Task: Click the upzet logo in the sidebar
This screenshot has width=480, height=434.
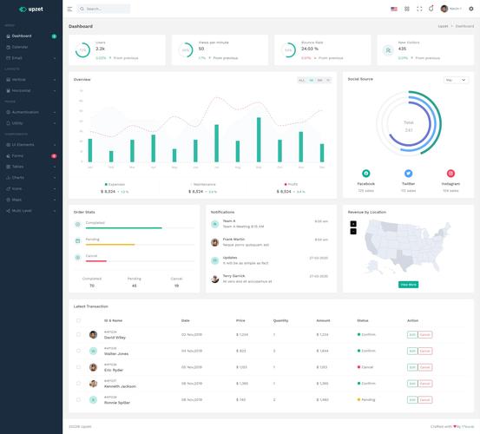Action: click(30, 9)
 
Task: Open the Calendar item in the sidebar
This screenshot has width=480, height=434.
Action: click(20, 47)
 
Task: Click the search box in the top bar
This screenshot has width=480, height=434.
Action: click(104, 9)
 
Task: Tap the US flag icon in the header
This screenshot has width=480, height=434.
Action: click(394, 9)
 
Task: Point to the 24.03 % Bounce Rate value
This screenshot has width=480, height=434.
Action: click(310, 49)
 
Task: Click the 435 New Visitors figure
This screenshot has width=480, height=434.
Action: click(403, 49)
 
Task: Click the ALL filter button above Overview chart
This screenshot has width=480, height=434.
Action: click(302, 80)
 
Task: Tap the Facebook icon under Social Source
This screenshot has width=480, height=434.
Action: click(365, 174)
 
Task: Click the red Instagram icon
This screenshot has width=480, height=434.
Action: click(450, 174)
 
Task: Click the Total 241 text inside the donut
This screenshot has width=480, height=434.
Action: click(408, 127)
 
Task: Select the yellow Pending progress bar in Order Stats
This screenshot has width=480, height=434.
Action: click(105, 244)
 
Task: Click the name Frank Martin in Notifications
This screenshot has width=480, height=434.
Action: click(233, 239)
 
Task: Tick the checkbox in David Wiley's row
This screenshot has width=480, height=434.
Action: click(79, 334)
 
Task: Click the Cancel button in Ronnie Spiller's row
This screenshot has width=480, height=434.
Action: click(424, 400)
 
